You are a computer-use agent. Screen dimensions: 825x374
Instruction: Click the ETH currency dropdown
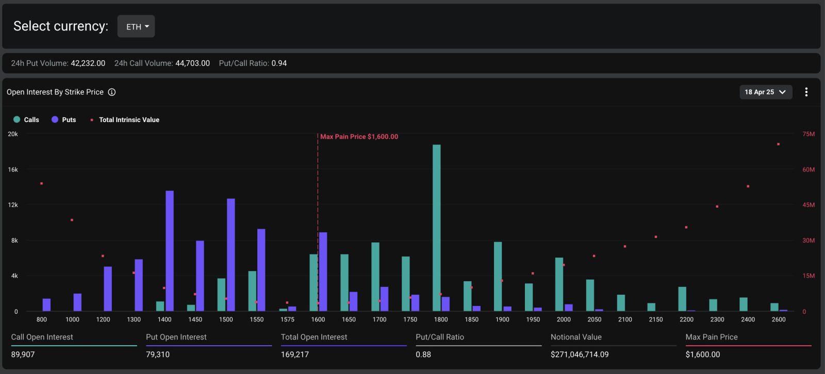click(136, 26)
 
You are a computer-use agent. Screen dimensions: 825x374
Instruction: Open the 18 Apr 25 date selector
click(766, 92)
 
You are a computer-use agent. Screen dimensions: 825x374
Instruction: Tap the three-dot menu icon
click(806, 92)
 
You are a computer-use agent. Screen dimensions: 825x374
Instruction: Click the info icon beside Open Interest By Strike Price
click(111, 92)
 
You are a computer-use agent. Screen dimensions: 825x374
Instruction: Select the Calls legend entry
click(26, 120)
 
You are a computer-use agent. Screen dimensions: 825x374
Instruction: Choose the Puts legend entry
click(64, 120)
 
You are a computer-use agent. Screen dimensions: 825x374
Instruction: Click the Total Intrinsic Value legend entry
click(125, 120)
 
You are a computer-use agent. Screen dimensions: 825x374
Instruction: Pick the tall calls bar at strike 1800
click(436, 228)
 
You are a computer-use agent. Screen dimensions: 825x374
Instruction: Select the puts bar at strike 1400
click(170, 251)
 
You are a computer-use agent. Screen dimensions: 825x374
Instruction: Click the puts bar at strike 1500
click(231, 255)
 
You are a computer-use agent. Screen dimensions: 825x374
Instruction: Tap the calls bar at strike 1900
click(498, 277)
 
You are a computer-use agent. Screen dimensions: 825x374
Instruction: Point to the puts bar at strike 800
click(46, 305)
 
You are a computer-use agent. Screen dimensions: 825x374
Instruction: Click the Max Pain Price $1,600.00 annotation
click(359, 137)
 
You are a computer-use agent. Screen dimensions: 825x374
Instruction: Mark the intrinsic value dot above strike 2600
click(778, 144)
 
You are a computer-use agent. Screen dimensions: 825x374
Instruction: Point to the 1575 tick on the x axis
click(287, 319)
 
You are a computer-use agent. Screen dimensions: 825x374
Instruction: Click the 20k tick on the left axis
click(13, 134)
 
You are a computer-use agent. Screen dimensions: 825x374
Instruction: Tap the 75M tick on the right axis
click(808, 134)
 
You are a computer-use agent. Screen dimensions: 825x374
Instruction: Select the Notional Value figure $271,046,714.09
click(580, 354)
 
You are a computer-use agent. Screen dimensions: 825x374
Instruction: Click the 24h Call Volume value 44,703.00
click(193, 63)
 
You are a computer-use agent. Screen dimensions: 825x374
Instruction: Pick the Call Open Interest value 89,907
click(23, 354)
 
